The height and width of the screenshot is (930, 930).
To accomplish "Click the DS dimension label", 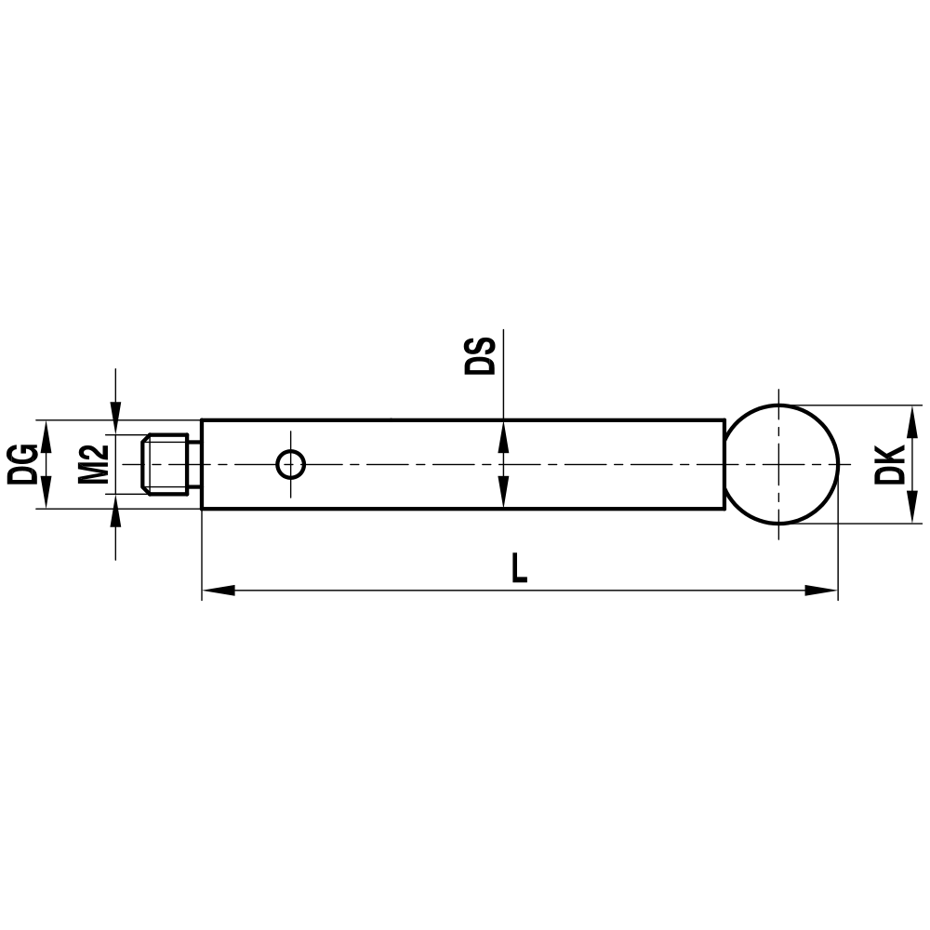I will click(x=482, y=355).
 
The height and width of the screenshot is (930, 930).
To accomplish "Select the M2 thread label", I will click(x=92, y=464).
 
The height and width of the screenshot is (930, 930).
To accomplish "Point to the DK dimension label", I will click(x=891, y=464).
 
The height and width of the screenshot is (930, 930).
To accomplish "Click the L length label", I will click(x=519, y=567).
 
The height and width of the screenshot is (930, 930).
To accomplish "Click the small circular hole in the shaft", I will click(x=291, y=463).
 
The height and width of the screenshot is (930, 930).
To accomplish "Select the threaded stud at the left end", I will click(x=166, y=464).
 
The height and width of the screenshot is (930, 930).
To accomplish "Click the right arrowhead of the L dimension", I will click(x=822, y=591).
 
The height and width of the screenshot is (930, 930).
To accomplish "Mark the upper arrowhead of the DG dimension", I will click(x=45, y=433).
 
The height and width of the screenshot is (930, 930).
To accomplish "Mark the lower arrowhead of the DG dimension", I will click(x=45, y=494).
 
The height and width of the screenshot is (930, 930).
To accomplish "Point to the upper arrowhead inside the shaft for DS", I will click(x=502, y=433).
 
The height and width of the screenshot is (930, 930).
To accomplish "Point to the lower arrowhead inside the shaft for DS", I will click(x=502, y=494).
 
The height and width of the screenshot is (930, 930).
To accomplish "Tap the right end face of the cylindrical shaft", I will click(x=724, y=464).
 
